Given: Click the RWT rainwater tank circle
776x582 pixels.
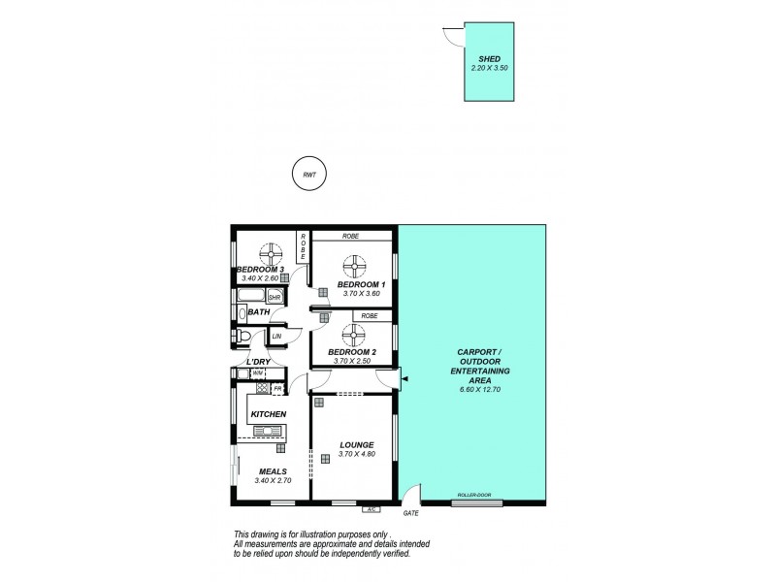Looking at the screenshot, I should coord(309,175).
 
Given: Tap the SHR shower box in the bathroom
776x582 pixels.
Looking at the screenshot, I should coord(275,297).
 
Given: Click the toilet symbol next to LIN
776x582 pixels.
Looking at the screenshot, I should coord(246,337).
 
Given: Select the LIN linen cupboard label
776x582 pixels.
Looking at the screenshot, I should coord(276,337).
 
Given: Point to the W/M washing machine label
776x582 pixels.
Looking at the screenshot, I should coord(257,372).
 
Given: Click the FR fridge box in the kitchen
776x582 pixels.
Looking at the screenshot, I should coord(277,389).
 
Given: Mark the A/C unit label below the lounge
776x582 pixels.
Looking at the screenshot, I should coord(370,508).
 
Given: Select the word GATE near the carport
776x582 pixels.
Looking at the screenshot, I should coord(409,512).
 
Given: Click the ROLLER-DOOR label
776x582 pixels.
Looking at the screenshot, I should coord(472,495).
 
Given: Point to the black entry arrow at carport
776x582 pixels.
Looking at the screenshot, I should coord(405,378).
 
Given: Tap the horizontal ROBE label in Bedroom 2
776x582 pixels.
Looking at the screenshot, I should coord(370,316).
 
